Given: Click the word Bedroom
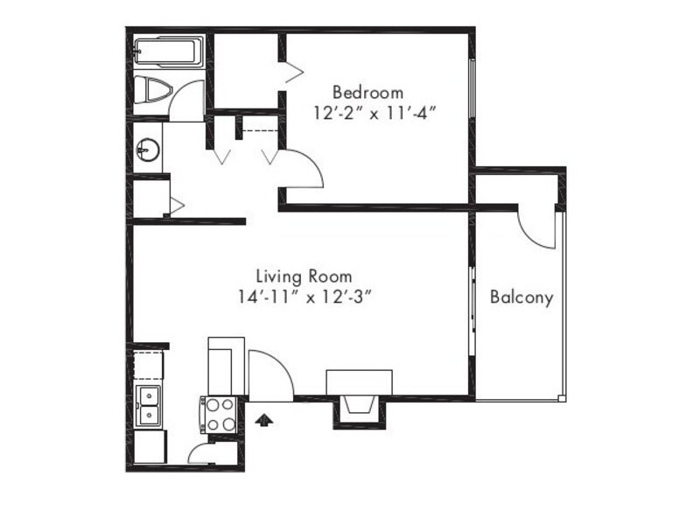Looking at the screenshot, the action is [367, 93].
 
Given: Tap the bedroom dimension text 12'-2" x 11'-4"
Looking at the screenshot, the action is [374, 114].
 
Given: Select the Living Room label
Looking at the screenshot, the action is [304, 276].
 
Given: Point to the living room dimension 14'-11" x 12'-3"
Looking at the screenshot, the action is [304, 297].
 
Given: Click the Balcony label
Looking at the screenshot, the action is [521, 297].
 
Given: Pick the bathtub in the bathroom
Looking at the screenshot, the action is [169, 52].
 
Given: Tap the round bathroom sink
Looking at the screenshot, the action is [148, 149].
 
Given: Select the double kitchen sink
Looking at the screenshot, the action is [148, 405].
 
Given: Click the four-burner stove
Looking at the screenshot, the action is [219, 415].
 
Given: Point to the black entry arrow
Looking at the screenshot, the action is [264, 420].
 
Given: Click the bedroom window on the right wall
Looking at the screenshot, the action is [471, 88].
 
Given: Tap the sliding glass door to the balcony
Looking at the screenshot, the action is [472, 311].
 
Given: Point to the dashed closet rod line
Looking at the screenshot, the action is [260, 130].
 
